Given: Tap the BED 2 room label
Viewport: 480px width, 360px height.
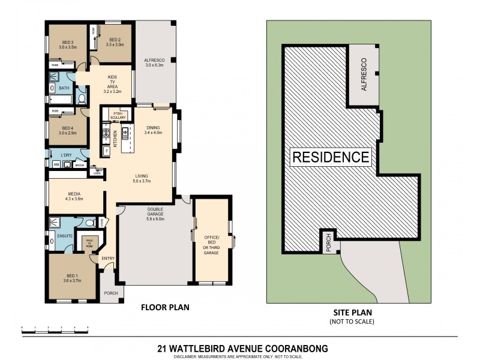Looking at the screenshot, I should tap(114, 42).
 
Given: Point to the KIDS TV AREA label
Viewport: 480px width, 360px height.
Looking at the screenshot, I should tap(112, 85).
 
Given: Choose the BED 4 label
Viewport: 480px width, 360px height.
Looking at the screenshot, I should tap(67, 130).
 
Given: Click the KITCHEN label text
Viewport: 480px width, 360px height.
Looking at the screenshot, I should tap(115, 139).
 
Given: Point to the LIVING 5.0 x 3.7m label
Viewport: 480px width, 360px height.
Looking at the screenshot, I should tap(142, 178).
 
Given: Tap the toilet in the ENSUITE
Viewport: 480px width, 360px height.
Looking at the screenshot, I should tap(89, 224).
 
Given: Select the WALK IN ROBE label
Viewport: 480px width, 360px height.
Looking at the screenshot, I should tap(89, 244).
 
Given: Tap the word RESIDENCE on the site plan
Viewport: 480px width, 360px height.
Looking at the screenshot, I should tap(331, 158).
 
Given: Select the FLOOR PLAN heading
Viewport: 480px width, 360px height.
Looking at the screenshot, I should tap(165, 307).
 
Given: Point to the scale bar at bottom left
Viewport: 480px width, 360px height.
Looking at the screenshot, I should tap(55, 328).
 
